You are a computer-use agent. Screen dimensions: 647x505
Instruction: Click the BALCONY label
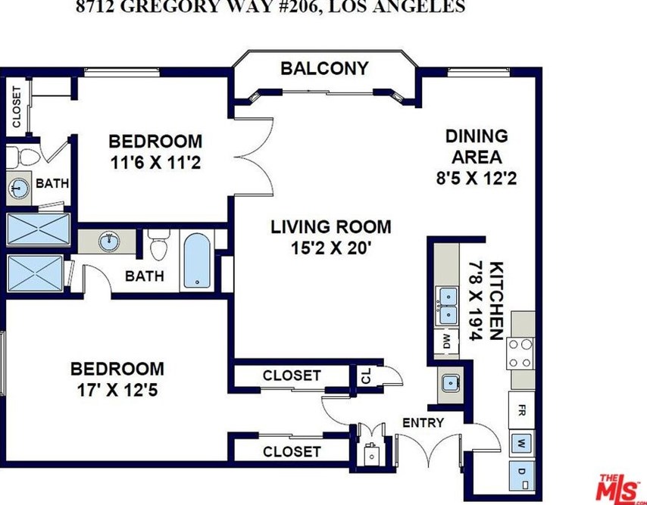click(x=324, y=68)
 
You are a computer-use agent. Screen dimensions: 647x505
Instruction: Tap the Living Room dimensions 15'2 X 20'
click(x=331, y=248)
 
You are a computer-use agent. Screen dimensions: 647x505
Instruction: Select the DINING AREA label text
click(x=477, y=146)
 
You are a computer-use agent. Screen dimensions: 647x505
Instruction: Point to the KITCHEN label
click(x=496, y=301)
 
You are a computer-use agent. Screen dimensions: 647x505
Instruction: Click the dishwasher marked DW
click(x=446, y=341)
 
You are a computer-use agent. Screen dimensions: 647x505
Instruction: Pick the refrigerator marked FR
click(x=521, y=410)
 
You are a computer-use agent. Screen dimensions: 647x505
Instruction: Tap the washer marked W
click(x=521, y=444)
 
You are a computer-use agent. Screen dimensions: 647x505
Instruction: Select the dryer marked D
click(x=521, y=475)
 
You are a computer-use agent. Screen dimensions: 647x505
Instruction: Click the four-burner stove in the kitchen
click(x=520, y=353)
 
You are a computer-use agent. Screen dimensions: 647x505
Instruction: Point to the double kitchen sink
click(x=448, y=306)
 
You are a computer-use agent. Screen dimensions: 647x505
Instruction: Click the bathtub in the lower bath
click(x=197, y=260)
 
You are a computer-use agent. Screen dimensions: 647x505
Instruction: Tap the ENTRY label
click(x=423, y=423)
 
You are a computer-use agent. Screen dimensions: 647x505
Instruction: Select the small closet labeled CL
click(x=367, y=376)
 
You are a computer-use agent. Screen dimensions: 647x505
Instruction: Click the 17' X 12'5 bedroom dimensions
click(x=117, y=390)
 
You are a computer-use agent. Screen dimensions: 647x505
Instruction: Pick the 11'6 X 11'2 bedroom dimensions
click(x=155, y=163)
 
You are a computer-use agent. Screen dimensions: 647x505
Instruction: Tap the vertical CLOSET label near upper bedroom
click(x=16, y=107)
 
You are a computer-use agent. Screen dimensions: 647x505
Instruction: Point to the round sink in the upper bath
click(x=18, y=189)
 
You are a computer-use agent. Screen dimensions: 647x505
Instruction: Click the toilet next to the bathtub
click(x=158, y=245)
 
